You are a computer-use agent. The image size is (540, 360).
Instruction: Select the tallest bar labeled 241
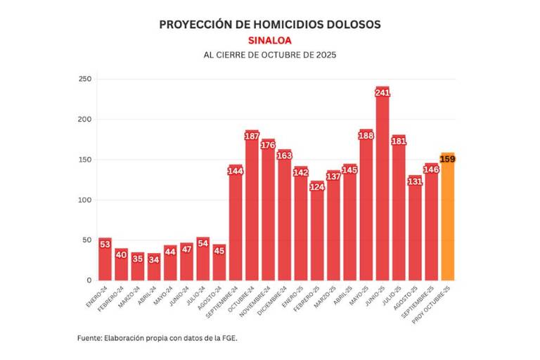(382, 190)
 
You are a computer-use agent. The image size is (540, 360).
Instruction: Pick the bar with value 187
(252, 211)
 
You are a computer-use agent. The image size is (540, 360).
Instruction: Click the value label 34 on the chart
(154, 259)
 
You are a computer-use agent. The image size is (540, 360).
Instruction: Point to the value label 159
(447, 159)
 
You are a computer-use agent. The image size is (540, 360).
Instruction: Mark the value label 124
(317, 187)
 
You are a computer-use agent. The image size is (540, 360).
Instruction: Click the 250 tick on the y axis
(85, 79)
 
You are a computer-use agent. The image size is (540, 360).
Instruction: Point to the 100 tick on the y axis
(85, 200)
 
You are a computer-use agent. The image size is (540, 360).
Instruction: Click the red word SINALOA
(270, 41)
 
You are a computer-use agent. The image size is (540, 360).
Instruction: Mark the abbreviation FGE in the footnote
(229, 338)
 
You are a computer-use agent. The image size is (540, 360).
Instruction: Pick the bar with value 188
(366, 211)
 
